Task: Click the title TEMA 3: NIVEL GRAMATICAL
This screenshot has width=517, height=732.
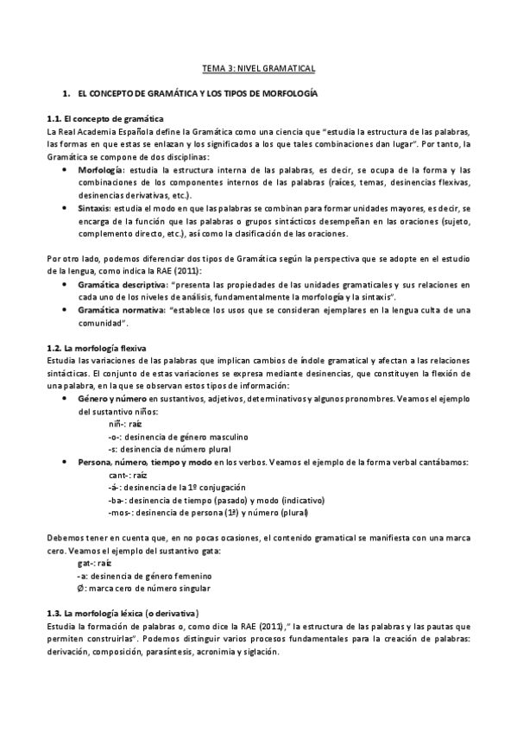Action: point(258,66)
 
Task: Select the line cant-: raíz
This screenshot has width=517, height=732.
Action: point(126,475)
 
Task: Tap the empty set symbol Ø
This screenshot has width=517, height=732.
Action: point(79,588)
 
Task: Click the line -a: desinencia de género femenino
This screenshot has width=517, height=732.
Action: point(144,575)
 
